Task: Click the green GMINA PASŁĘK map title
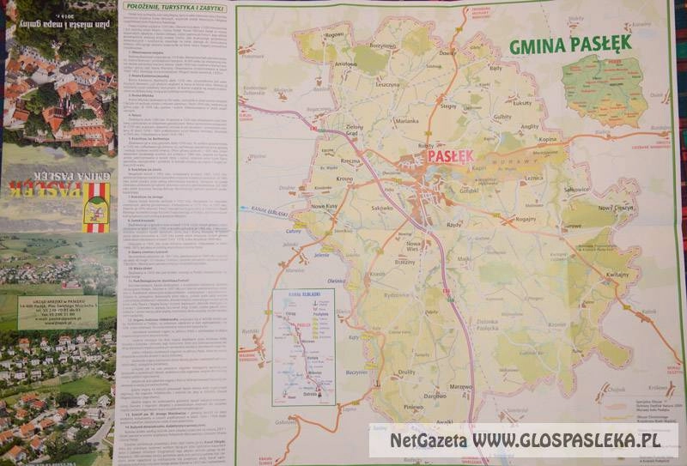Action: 570,43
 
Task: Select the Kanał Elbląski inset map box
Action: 303,347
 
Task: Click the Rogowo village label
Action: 334,34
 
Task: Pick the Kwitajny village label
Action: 617,274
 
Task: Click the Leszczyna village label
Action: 387,84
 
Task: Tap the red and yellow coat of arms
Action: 96,207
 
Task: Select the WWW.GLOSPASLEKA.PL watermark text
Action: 571,441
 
